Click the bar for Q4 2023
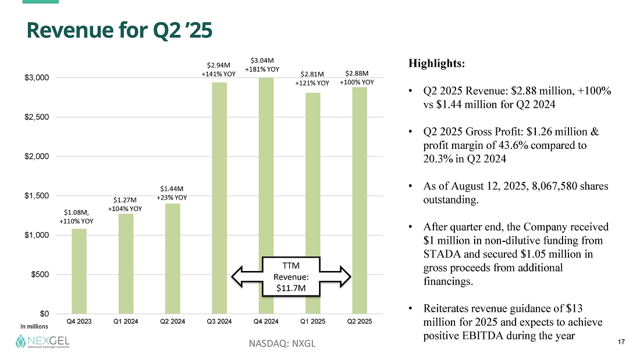point(79,270)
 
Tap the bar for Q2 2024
point(173,258)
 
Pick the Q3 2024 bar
point(219,198)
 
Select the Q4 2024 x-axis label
point(266,322)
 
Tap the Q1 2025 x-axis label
point(313,322)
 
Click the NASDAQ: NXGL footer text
point(282,343)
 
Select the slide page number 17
point(620,341)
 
